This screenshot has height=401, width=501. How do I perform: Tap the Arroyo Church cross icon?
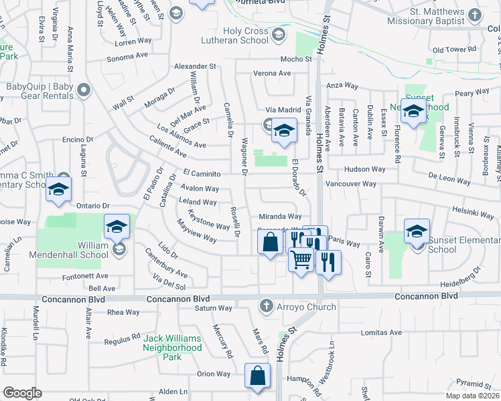coord(266,307)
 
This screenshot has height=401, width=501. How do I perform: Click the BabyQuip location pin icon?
coord(84,89)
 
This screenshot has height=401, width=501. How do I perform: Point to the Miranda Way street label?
coord(280,217)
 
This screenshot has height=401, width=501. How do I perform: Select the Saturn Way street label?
coord(213,308)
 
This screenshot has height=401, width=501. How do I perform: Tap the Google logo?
coord(22,393)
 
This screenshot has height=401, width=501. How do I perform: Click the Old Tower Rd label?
coord(453,50)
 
